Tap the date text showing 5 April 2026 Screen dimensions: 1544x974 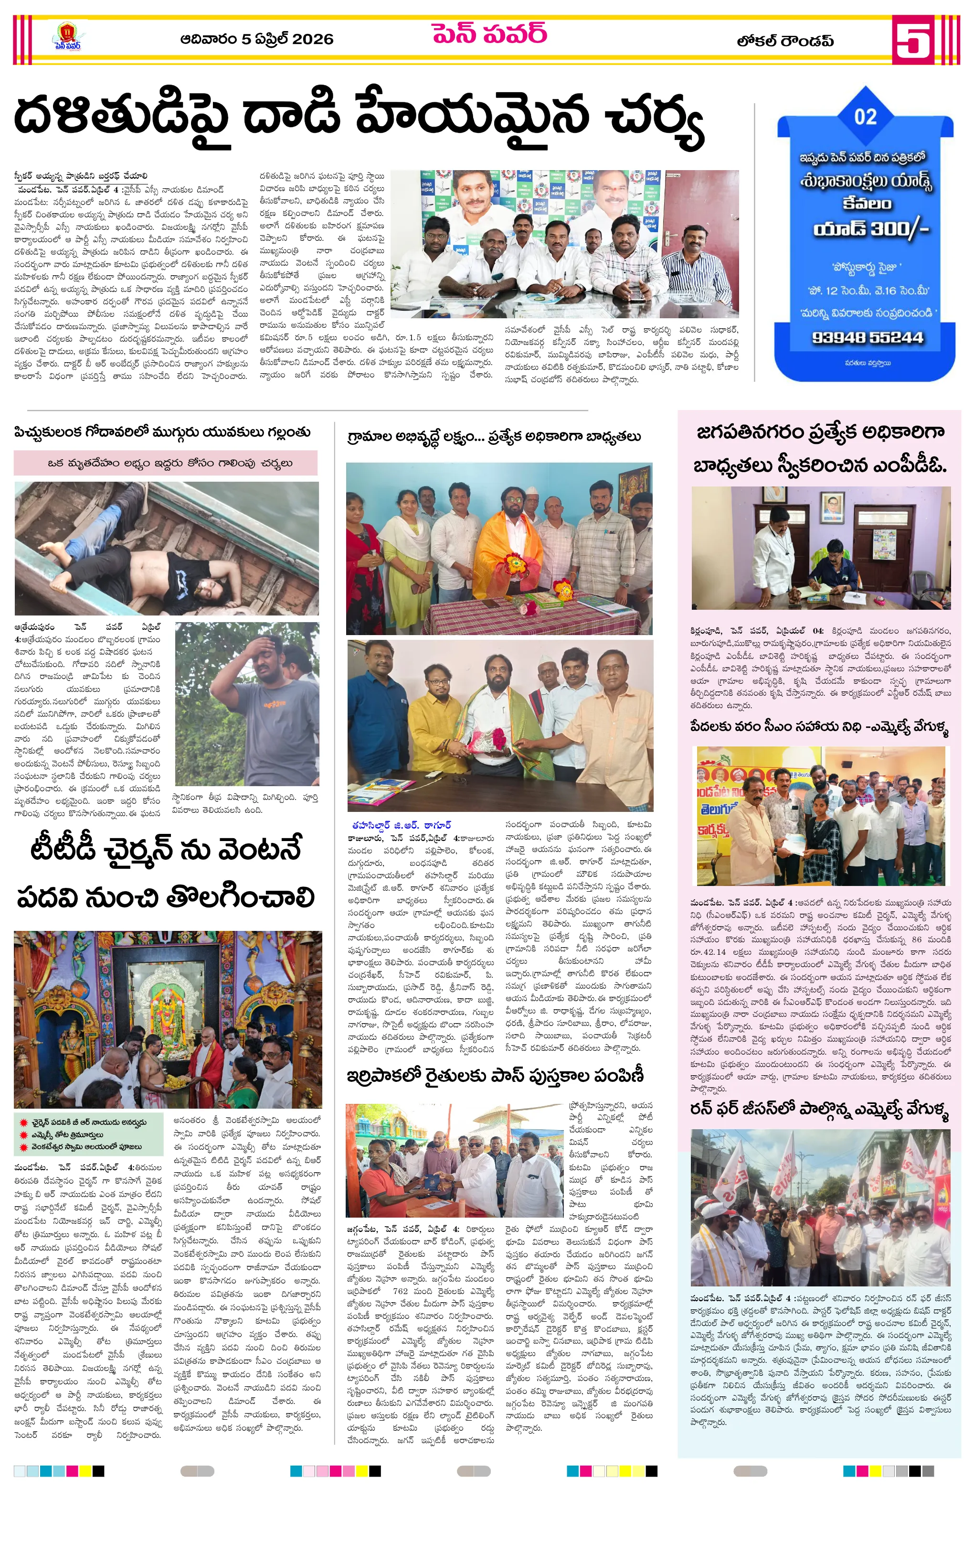[256, 40]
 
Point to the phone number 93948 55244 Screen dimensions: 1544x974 [868, 338]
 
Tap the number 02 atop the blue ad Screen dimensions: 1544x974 [865, 117]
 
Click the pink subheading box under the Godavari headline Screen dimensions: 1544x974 [165, 463]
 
